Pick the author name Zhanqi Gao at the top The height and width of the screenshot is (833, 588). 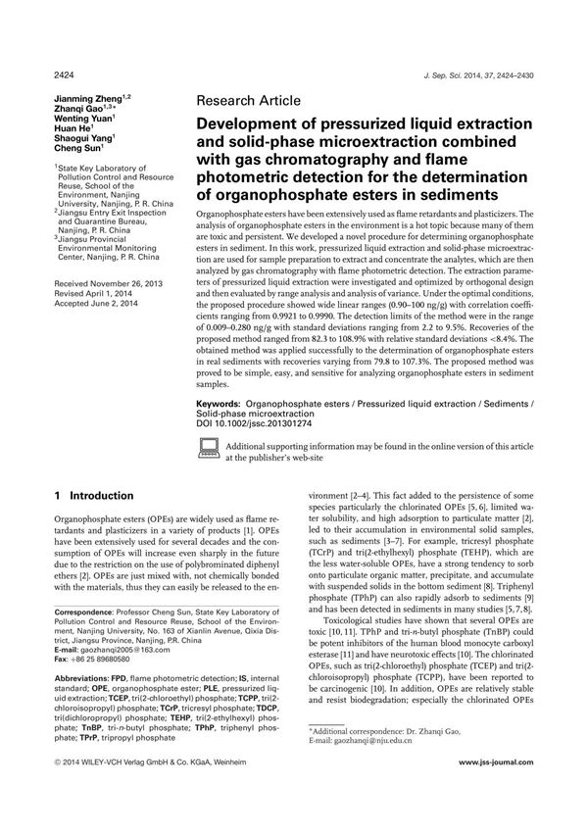(x=82, y=113)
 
